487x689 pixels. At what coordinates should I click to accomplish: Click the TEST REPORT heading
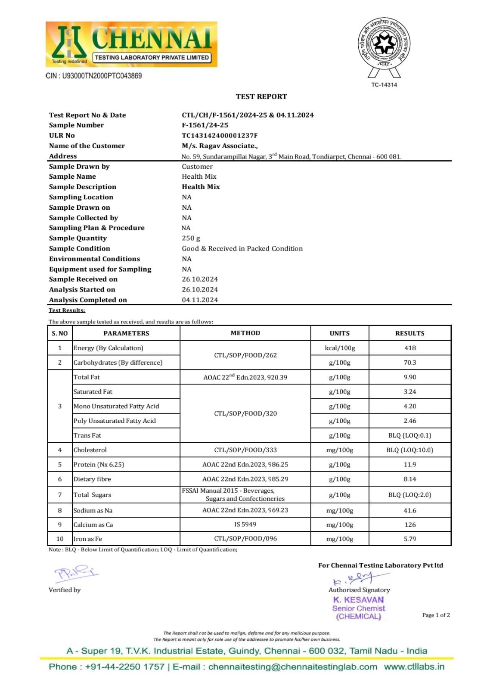click(x=261, y=96)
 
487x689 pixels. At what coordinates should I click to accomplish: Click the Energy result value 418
click(x=410, y=348)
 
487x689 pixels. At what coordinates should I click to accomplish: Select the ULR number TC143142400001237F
click(x=220, y=135)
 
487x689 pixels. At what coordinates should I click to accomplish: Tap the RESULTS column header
click(x=409, y=333)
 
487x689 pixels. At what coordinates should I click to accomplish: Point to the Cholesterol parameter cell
click(x=90, y=450)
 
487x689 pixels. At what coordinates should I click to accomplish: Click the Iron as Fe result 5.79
click(x=410, y=539)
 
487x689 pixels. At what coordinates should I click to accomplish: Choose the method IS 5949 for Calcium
click(x=245, y=525)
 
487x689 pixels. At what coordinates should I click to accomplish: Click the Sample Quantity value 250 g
click(x=191, y=238)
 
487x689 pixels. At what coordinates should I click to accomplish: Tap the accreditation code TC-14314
click(x=384, y=85)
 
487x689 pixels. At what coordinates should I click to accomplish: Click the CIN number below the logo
click(x=94, y=76)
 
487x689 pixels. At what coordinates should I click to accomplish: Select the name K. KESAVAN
click(x=358, y=599)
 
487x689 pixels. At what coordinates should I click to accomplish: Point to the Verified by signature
click(x=75, y=573)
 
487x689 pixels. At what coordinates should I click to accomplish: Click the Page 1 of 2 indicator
click(x=436, y=615)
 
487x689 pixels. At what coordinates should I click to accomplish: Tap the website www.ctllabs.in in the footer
click(x=414, y=667)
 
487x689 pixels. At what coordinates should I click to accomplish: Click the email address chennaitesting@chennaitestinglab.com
click(x=293, y=667)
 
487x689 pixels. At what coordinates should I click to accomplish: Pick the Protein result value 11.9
click(x=410, y=465)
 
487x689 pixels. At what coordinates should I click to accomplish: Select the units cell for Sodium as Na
click(x=339, y=510)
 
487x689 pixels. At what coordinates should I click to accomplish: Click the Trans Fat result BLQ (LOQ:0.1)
click(x=409, y=435)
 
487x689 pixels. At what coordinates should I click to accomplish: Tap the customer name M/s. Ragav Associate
click(x=220, y=146)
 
